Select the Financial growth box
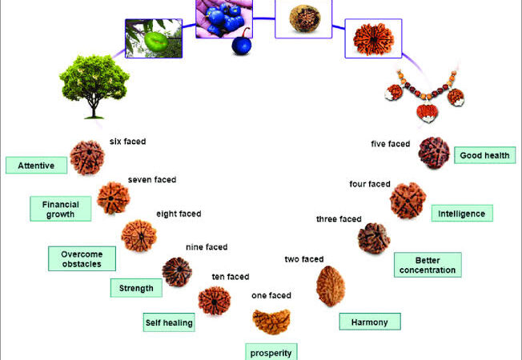click(x=61, y=209)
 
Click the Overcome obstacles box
click(x=82, y=258)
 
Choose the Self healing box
click(x=169, y=323)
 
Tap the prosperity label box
click(x=271, y=351)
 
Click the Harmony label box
click(x=369, y=322)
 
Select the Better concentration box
click(x=427, y=265)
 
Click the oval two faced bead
click(x=330, y=286)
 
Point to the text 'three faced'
click(x=339, y=218)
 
